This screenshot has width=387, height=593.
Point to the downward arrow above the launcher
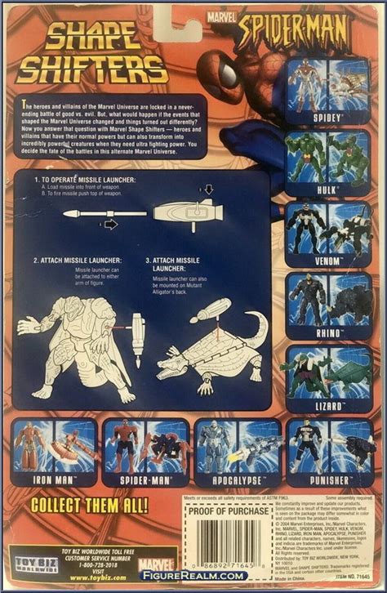(x=209, y=189)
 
